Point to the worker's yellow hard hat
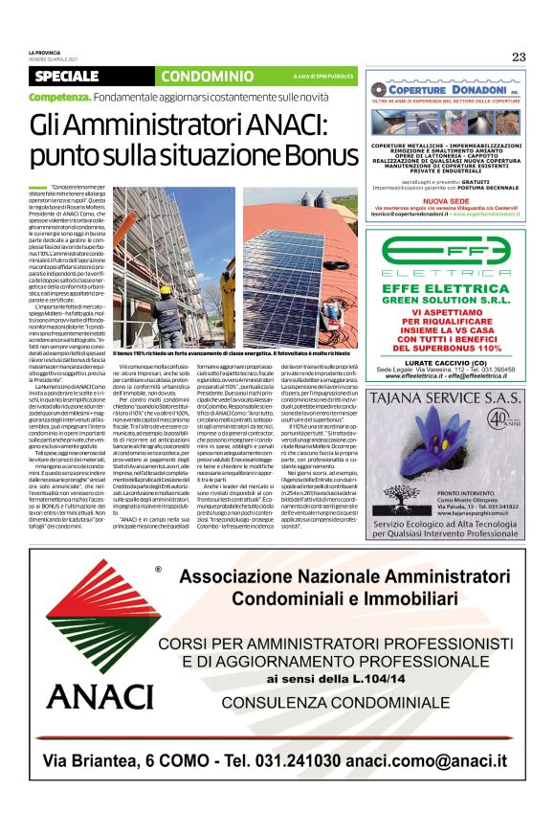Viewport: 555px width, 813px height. [164, 289]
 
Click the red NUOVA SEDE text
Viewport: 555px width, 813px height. [446, 201]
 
